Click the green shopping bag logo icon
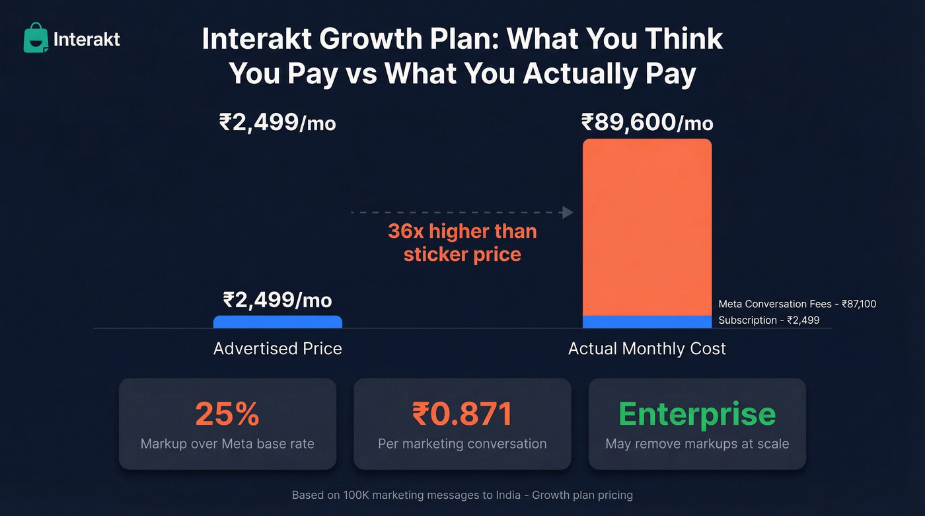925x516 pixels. pyautogui.click(x=36, y=38)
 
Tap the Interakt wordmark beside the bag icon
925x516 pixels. pyautogui.click(x=87, y=40)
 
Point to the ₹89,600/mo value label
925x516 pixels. pyautogui.click(x=647, y=123)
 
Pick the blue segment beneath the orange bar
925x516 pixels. pyautogui.click(x=647, y=322)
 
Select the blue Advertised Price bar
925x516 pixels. pyautogui.click(x=277, y=322)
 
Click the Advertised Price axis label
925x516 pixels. pyautogui.click(x=277, y=349)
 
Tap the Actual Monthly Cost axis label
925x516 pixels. pyautogui.click(x=647, y=349)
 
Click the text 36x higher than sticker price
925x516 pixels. pyautogui.click(x=462, y=242)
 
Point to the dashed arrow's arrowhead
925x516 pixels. pyautogui.click(x=566, y=212)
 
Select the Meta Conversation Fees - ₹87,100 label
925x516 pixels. pyautogui.click(x=797, y=305)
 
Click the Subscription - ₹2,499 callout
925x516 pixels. pyautogui.click(x=769, y=320)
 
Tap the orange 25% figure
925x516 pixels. pyautogui.click(x=227, y=414)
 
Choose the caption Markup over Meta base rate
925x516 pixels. pyautogui.click(x=227, y=444)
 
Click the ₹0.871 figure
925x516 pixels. pyautogui.click(x=462, y=414)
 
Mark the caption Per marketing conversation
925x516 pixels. pyautogui.click(x=462, y=444)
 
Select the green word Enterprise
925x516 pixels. pyautogui.click(x=697, y=414)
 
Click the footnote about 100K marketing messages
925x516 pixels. pyautogui.click(x=462, y=495)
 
